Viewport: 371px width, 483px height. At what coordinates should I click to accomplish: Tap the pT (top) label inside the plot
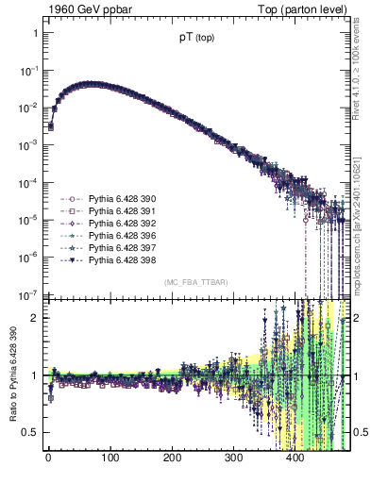(x=196, y=39)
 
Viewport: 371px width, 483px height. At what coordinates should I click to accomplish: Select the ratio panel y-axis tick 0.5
(x=32, y=433)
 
